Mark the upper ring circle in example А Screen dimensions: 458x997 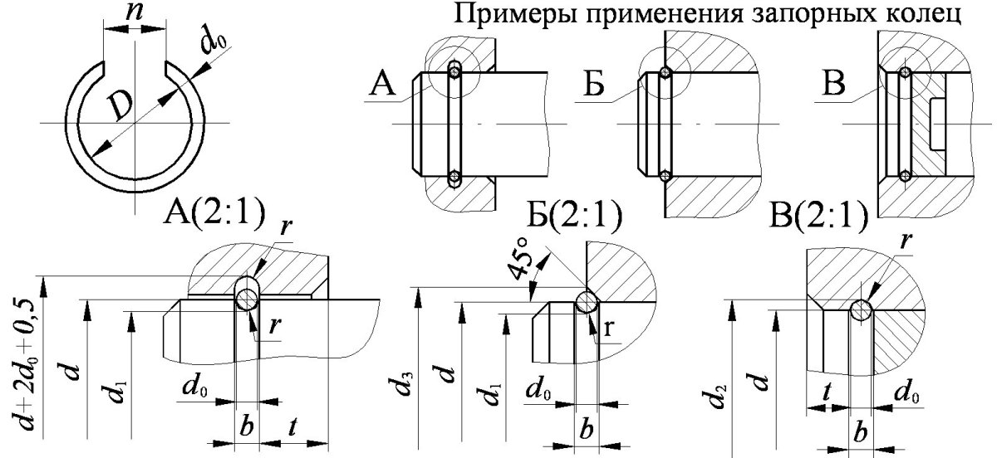(x=454, y=70)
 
